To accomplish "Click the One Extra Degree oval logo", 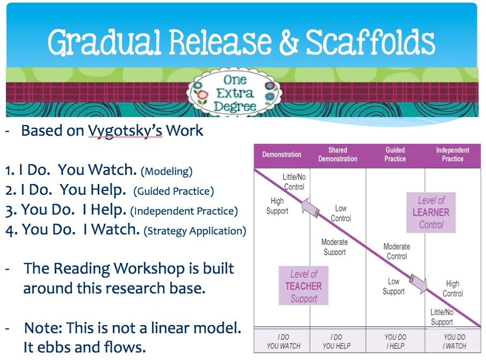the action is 235,92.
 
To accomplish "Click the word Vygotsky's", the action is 125,131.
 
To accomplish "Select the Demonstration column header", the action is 281,155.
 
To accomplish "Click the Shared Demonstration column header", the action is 337,155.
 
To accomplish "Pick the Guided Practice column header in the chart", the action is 395,155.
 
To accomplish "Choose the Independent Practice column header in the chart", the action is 452,155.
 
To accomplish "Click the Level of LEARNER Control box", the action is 431,212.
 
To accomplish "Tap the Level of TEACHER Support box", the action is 303,286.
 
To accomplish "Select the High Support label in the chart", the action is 277,206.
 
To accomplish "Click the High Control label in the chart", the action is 452,289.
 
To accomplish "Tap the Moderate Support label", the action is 335,247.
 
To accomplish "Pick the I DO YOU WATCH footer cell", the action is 283,342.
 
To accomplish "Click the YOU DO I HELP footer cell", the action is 395,342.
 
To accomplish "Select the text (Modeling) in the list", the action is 166,172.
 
